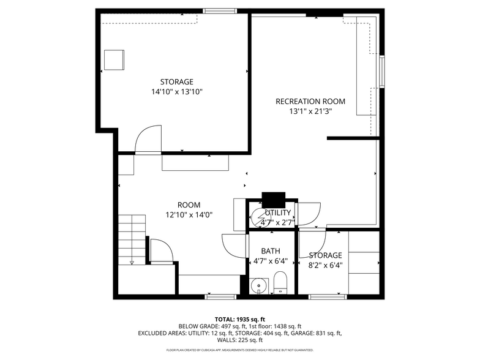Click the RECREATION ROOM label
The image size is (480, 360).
[310, 102]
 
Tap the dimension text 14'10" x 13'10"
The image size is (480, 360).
[176, 92]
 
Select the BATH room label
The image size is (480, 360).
[271, 251]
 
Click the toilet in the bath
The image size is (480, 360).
[280, 282]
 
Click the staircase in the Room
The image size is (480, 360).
[132, 239]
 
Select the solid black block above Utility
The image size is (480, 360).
[273, 199]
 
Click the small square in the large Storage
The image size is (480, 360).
[114, 61]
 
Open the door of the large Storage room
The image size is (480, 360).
[147, 140]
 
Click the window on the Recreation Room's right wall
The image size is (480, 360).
[381, 71]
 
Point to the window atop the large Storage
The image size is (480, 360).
[220, 10]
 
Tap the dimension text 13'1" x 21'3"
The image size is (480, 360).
[310, 111]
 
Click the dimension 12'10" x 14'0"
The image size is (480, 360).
[189, 215]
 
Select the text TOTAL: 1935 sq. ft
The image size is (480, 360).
[240, 320]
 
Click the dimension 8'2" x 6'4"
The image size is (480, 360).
[325, 265]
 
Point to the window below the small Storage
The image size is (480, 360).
[324, 297]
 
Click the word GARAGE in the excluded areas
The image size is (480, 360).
[301, 333]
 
